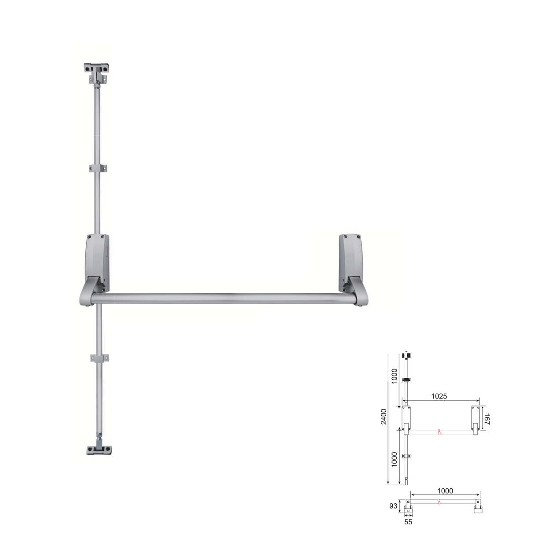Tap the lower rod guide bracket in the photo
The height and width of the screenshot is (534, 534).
pyautogui.click(x=100, y=358)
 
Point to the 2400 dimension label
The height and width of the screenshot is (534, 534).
pyautogui.click(x=384, y=417)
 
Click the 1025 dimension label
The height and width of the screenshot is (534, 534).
pyautogui.click(x=439, y=396)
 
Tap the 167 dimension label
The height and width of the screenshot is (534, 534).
pyautogui.click(x=486, y=419)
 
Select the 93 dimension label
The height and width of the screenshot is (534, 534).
pyautogui.click(x=393, y=506)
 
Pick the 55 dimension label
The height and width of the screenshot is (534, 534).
pyautogui.click(x=408, y=522)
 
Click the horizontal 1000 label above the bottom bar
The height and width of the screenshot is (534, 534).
pyautogui.click(x=445, y=491)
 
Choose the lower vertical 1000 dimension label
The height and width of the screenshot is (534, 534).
pyautogui.click(x=395, y=459)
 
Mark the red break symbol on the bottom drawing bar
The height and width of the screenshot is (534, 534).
pyautogui.click(x=439, y=502)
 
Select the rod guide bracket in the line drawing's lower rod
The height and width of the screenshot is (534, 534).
pyautogui.click(x=407, y=457)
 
